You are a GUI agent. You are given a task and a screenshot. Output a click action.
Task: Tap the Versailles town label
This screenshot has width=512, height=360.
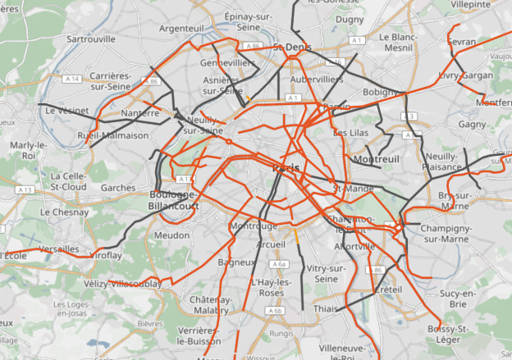[59, 248]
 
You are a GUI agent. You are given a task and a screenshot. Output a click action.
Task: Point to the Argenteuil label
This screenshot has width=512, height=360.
[181, 28]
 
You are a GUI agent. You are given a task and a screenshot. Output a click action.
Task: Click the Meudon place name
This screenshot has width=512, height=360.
[171, 235]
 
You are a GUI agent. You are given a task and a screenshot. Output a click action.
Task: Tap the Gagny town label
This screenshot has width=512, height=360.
[473, 124]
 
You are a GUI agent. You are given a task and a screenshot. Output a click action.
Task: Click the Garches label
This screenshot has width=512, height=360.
[118, 187]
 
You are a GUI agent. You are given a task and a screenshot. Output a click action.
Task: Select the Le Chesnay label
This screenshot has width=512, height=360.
[63, 211]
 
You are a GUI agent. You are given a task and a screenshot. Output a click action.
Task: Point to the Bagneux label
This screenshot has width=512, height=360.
[235, 262]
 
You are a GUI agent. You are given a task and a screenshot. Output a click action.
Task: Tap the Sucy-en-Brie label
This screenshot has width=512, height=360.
[459, 298]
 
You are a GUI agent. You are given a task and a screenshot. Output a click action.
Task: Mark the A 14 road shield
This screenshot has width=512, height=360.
[72, 79]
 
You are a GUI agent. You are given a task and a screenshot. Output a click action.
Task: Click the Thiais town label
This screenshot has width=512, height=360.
[325, 308]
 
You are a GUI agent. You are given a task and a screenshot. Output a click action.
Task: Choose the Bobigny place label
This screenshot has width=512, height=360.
[379, 92]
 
